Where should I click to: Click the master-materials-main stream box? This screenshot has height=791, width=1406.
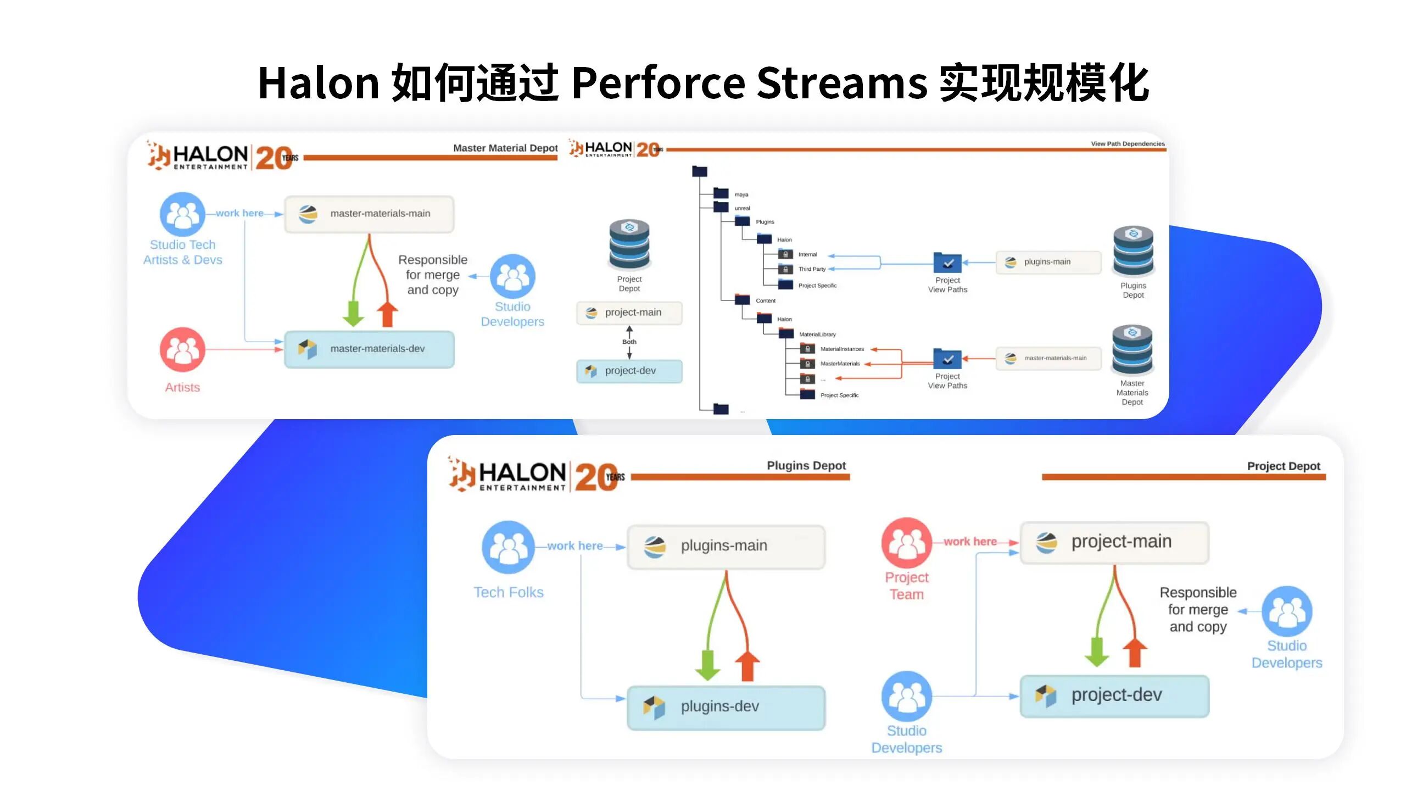coord(369,214)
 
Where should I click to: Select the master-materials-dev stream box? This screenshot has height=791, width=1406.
coord(369,349)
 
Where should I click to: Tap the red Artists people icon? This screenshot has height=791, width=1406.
coord(182,350)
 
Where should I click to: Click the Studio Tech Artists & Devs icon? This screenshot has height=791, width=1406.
coord(182,214)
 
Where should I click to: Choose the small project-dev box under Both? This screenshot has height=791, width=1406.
coord(629,371)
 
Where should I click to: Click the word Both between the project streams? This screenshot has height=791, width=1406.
coord(629,342)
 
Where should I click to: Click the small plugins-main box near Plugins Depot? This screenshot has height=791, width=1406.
coord(1048,262)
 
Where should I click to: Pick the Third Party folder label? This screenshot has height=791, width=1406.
coord(812,269)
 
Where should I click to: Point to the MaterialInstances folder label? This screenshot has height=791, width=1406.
coord(842,349)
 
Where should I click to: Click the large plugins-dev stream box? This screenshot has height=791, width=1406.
coord(726,707)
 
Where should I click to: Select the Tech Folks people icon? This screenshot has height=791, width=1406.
coord(508,547)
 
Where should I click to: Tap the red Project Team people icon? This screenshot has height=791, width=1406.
coord(907,543)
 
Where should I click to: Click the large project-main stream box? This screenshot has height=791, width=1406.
coord(1114,542)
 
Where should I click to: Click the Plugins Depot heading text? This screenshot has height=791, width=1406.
coord(806,466)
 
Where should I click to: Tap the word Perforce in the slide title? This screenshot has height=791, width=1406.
coord(658,83)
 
